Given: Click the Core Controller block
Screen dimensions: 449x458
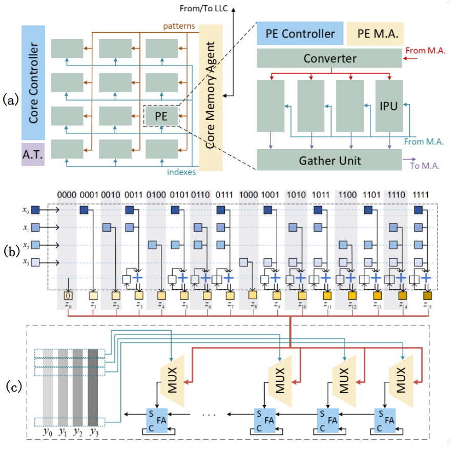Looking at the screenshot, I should [x=33, y=83].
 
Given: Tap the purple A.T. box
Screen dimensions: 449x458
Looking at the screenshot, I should [x=33, y=154].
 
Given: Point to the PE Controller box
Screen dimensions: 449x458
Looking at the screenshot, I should [x=299, y=34].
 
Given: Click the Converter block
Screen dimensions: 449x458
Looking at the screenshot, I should [x=329, y=58].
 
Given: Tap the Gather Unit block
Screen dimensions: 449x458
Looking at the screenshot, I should [x=329, y=160].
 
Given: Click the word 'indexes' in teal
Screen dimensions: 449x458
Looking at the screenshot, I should [x=181, y=172].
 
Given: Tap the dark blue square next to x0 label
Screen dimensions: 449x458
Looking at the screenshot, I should [x=35, y=210].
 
